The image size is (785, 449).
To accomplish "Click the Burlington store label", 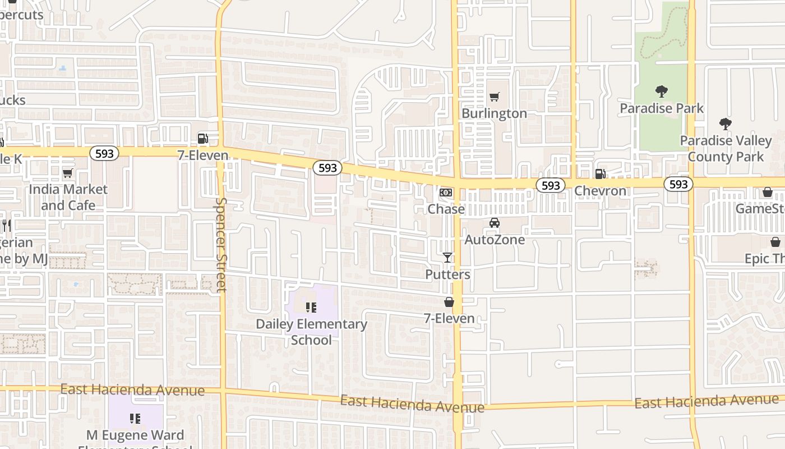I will [494, 113].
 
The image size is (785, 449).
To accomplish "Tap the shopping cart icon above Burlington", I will [494, 97].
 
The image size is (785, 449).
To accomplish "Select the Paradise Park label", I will [662, 108].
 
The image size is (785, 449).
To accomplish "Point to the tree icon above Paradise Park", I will [662, 91].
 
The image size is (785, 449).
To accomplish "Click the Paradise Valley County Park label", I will [726, 148].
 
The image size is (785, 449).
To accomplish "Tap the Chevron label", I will [600, 191].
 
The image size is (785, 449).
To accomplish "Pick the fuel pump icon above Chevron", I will [600, 174].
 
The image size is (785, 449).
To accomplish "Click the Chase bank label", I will [446, 209].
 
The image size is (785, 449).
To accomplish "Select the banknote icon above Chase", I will [446, 193].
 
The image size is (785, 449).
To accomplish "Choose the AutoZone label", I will [495, 240].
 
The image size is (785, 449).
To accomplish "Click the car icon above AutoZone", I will [495, 223].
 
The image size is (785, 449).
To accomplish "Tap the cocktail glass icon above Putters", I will [447, 258].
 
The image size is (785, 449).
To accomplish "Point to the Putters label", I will [447, 274].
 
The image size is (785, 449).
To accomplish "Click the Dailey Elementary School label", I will [311, 332].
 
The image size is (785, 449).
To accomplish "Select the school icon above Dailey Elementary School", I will [311, 307].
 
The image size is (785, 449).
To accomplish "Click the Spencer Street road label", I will [221, 245].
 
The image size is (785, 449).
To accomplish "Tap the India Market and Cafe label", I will [68, 197].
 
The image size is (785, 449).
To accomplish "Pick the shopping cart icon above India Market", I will [68, 173].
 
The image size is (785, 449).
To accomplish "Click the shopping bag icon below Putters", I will [449, 302].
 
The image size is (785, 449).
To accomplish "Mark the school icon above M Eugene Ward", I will [135, 418].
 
